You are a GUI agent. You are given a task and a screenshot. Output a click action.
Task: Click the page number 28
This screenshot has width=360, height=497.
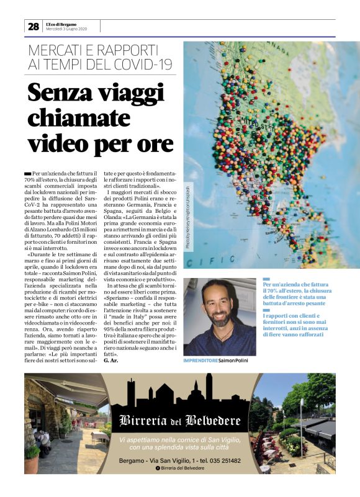pos(33,26)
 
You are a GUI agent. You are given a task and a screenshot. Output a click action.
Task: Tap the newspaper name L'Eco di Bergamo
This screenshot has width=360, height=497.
pos(61,23)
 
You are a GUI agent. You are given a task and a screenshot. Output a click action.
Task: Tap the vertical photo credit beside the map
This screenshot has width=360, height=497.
pos(189,217)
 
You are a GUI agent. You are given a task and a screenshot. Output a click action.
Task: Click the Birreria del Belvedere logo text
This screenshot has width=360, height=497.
pos(180,421)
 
